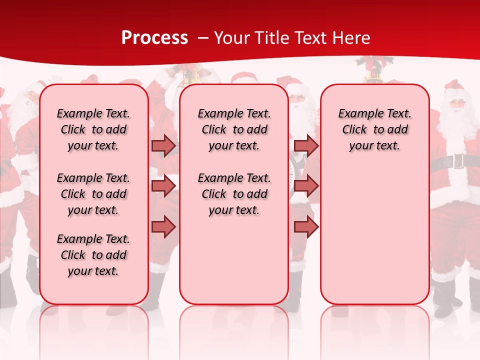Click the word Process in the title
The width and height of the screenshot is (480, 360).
pos(154,38)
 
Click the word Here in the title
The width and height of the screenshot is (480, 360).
pos(351,38)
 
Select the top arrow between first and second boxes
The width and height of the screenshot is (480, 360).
pos(163,145)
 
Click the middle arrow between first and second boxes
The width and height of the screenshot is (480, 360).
pos(163,186)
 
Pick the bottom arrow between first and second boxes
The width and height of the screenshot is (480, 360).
pos(163,226)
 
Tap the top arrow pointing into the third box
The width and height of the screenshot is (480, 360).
pos(306,145)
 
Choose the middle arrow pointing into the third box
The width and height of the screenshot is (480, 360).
pos(306,186)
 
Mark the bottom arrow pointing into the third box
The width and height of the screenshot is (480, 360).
pos(306,226)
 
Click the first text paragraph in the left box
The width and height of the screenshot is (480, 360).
pos(93,129)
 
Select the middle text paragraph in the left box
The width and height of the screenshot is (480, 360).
pos(93,194)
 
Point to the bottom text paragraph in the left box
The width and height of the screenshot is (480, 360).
pos(93,255)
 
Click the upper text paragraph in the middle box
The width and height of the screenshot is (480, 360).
pos(234,129)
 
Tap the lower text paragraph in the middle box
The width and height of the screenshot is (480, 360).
pos(234,194)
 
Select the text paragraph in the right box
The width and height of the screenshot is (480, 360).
pos(374,129)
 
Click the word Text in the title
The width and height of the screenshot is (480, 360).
pos(311,38)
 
